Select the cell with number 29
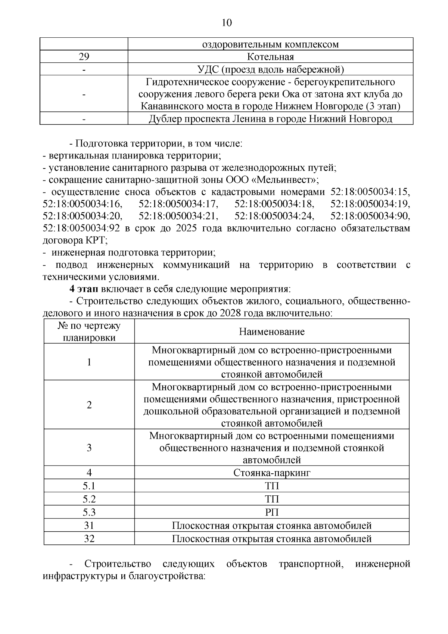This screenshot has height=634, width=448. pos(84,57)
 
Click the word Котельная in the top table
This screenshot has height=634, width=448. pos(270,57)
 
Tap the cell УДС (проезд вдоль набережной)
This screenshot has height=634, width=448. pos(270,69)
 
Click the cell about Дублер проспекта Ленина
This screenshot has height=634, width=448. pos(270,119)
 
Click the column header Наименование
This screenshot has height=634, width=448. pos(271,332)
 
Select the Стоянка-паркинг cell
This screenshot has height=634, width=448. pos(271,473)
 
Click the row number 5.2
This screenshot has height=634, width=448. pos(89,499)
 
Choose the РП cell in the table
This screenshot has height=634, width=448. pos(271,512)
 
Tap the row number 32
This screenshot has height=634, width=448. pos(89,538)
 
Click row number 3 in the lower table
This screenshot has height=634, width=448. pos(89,448)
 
